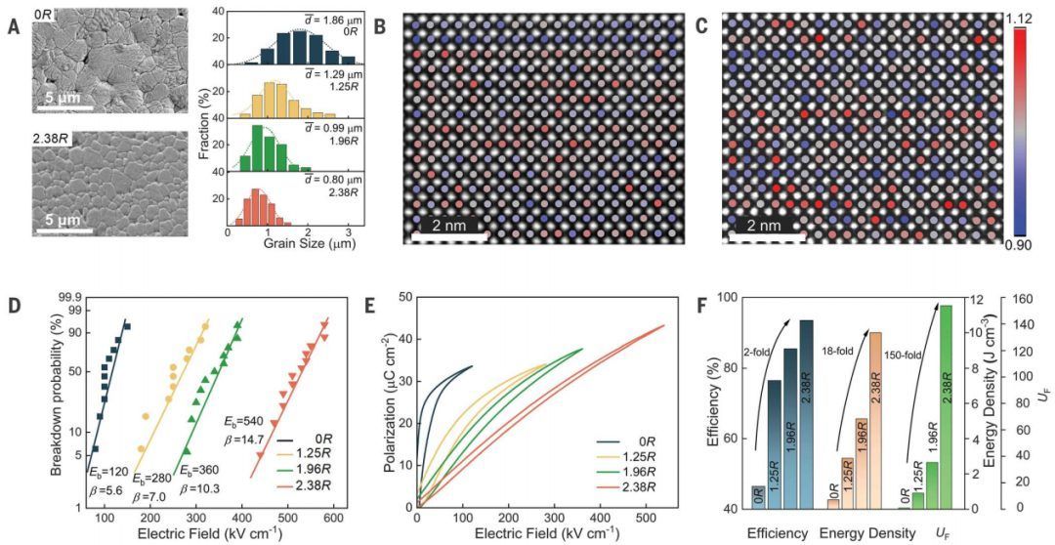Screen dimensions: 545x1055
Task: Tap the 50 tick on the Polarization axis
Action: [x=403, y=297]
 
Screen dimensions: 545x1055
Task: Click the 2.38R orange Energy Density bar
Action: [x=875, y=420]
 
